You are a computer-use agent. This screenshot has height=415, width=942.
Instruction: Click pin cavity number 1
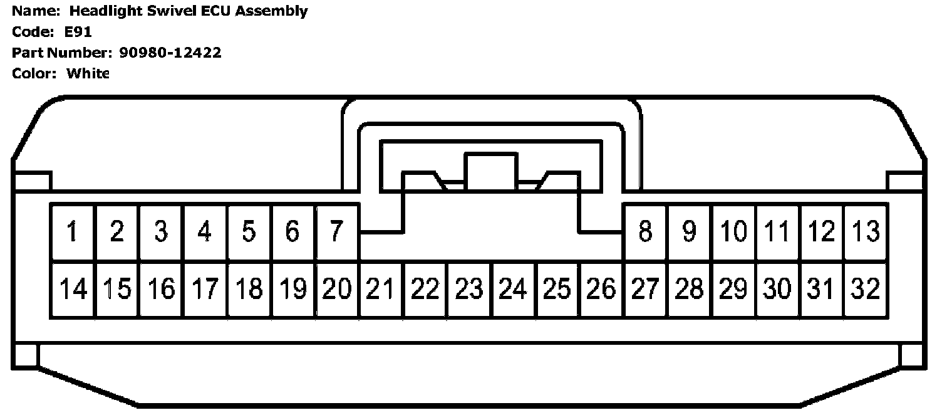(x=73, y=232)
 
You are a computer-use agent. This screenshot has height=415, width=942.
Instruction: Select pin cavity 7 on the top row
(x=337, y=232)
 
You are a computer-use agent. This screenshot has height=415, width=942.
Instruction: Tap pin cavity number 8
(x=645, y=232)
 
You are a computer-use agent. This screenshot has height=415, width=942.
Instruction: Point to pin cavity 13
(x=866, y=232)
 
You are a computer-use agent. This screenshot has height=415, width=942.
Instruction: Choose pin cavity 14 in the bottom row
(x=73, y=289)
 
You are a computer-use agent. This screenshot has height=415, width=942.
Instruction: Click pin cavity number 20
(x=337, y=289)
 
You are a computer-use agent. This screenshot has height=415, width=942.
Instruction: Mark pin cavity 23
(x=469, y=289)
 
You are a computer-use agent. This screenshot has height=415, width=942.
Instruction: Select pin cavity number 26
(x=601, y=289)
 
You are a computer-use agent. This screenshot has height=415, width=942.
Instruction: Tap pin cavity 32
(x=866, y=289)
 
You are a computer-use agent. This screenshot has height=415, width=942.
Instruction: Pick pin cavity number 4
(x=205, y=232)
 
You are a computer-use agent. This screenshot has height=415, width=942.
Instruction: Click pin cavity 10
(x=733, y=232)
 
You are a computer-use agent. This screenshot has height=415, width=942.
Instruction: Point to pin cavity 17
(x=205, y=289)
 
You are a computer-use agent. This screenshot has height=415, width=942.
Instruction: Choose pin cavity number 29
(x=733, y=289)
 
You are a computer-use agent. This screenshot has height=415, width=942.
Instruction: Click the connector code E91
(x=78, y=32)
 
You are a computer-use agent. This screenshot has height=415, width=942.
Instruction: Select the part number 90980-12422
(x=170, y=53)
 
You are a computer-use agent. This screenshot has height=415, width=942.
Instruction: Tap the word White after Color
(x=88, y=73)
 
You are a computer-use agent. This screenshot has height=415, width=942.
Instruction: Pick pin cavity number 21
(x=381, y=289)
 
